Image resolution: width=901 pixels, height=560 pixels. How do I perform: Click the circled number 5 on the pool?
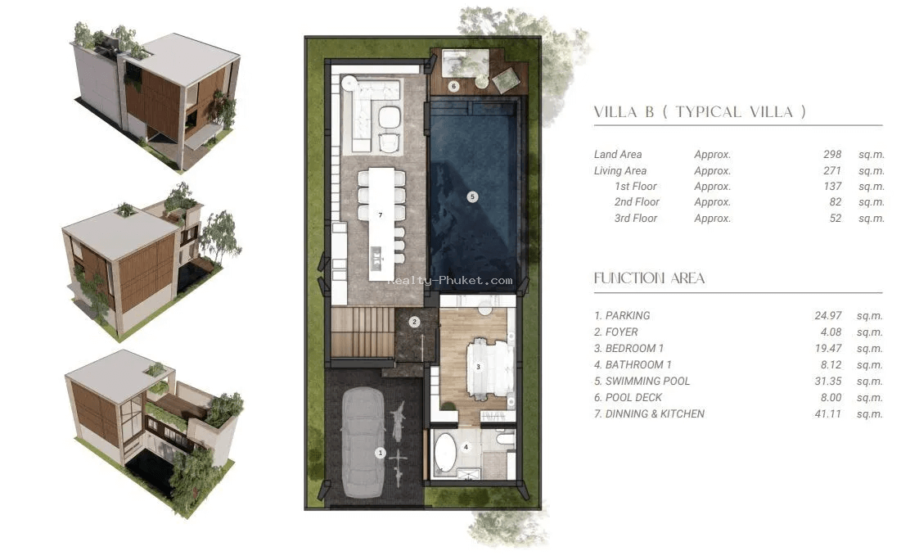coord(472,196)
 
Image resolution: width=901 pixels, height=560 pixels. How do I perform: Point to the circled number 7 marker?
coord(381,215)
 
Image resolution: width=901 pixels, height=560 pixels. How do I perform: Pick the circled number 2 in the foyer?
coord(414,322)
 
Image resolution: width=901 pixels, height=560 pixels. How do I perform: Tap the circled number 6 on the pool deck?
coord(453,86)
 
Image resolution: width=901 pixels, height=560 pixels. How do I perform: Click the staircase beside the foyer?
coord(363,333)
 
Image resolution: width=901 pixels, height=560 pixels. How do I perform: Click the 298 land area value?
coord(832,154)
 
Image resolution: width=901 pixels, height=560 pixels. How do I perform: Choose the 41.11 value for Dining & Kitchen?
coord(827,413)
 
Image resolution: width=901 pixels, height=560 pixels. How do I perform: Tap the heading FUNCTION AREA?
coord(649,278)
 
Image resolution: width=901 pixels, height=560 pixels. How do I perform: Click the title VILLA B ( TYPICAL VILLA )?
coord(700,111)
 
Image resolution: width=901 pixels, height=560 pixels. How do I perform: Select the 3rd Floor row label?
coord(636,218)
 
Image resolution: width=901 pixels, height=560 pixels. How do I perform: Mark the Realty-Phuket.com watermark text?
coord(449,281)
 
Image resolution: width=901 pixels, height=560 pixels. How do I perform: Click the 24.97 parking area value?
coord(828,315)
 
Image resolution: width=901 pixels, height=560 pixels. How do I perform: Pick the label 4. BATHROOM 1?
coord(633,364)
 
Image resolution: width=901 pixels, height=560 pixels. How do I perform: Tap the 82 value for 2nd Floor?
coord(835,201)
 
